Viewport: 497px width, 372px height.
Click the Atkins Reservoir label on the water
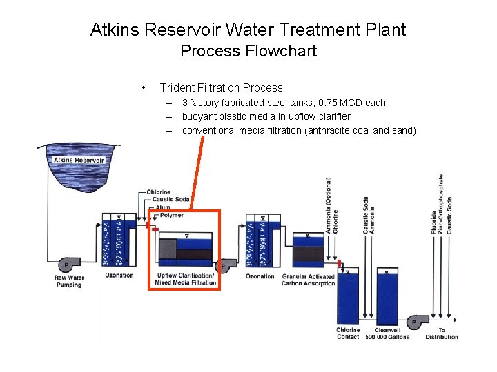79,161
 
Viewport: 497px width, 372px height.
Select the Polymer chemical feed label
170,215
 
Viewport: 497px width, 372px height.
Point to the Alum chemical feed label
162,207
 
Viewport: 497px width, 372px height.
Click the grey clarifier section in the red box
168,249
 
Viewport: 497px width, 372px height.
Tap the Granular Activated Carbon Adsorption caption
308,280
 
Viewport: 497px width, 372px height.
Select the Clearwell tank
388,296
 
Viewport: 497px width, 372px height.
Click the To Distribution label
442,333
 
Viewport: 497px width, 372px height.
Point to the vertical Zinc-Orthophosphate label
442,203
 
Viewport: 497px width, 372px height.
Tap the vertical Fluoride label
434,220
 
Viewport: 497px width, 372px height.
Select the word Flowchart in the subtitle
283,51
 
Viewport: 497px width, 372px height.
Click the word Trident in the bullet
177,87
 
